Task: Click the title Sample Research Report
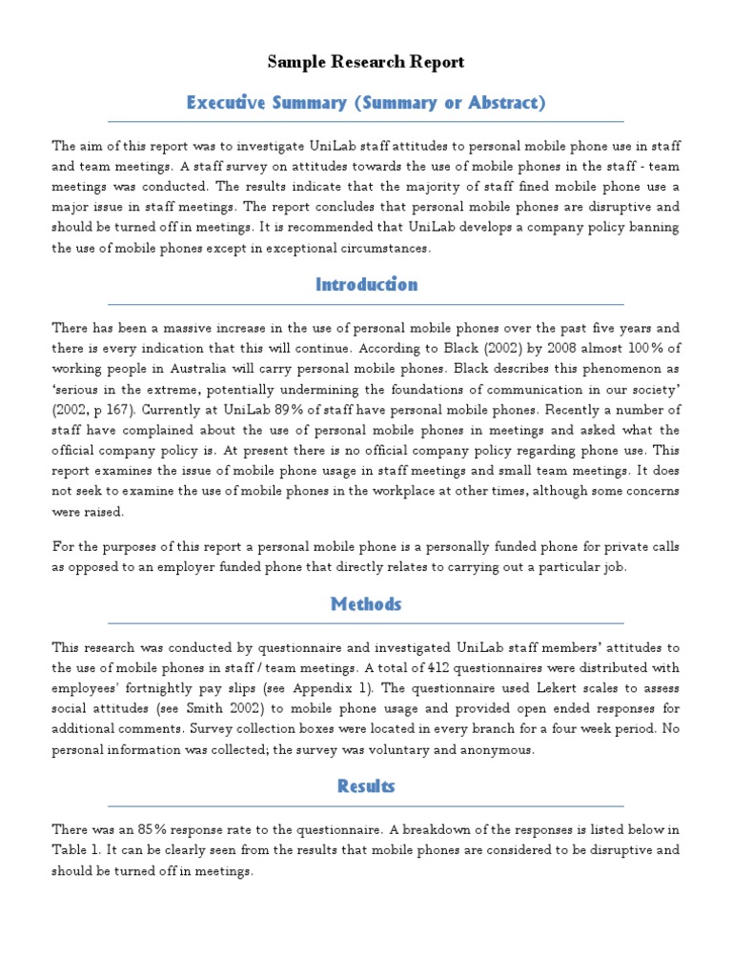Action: click(366, 63)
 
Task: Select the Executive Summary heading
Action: click(366, 103)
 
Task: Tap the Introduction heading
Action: click(366, 285)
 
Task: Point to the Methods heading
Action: click(366, 604)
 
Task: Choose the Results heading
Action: click(366, 786)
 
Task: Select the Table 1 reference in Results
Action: click(74, 850)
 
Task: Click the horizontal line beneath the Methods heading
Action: click(366, 624)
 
